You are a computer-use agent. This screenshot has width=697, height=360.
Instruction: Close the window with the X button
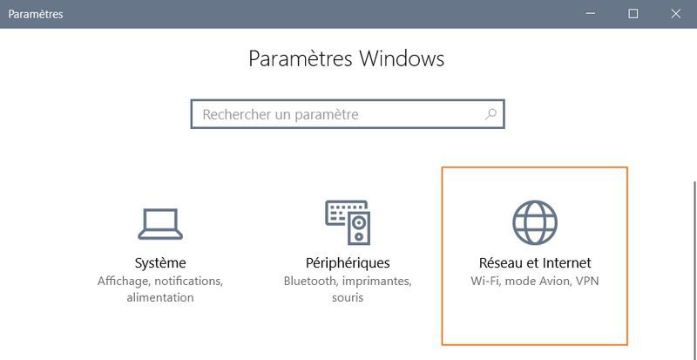[676, 14]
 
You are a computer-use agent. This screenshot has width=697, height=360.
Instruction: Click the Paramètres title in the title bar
[36, 14]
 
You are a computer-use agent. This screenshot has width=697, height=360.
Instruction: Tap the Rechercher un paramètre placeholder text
[281, 114]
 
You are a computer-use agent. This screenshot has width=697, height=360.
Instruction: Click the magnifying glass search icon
[491, 114]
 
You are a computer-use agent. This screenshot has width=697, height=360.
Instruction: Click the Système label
[160, 262]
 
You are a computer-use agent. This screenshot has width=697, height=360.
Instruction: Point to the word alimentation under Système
[160, 298]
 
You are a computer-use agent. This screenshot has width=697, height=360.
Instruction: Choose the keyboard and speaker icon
[347, 221]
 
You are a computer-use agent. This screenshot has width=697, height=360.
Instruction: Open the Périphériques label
[347, 262]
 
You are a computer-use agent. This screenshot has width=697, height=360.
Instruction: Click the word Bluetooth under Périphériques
[312, 282]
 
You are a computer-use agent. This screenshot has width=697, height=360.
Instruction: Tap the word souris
[347, 298]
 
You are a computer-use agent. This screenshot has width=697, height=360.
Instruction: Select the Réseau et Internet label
[534, 262]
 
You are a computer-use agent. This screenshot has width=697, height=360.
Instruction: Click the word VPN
[585, 282]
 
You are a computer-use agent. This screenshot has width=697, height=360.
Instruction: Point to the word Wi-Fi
[484, 282]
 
